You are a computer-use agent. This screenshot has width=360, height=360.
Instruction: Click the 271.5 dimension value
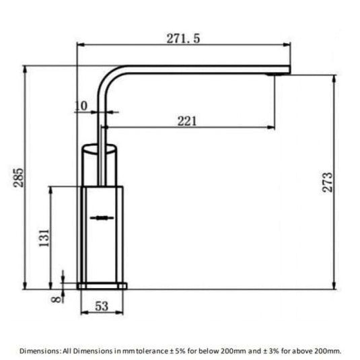(x=183, y=38)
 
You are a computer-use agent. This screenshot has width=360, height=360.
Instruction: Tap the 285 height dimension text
(x=19, y=177)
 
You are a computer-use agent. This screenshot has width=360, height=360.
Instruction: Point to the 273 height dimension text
(x=328, y=182)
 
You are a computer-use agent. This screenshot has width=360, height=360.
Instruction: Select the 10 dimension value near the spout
(x=81, y=105)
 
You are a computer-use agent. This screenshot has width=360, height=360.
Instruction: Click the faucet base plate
(x=102, y=286)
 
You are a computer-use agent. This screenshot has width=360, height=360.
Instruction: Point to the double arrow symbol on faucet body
(x=102, y=217)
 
